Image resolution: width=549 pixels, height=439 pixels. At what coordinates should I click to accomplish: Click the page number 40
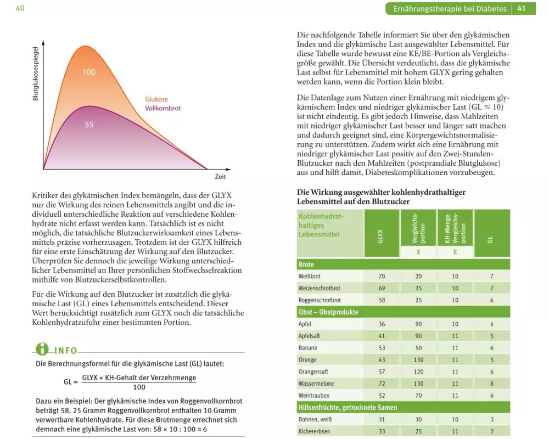[20, 8]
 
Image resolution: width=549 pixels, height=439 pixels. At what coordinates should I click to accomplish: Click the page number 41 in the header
[522, 8]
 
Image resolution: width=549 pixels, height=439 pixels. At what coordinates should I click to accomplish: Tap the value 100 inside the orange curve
[89, 72]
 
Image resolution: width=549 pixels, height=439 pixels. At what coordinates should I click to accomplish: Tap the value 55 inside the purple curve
[89, 125]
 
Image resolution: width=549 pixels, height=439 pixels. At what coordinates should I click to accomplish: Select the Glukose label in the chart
[156, 99]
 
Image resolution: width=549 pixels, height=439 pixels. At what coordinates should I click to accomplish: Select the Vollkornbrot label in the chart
[163, 108]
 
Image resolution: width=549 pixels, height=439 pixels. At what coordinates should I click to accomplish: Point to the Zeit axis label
[220, 177]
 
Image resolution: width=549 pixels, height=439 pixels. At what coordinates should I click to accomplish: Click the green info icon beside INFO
[42, 349]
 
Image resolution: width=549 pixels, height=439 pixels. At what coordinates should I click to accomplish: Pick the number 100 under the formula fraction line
[139, 387]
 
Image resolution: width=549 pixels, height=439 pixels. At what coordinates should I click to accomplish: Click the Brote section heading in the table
[306, 264]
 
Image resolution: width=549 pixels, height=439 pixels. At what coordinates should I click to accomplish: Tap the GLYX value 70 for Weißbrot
[382, 277]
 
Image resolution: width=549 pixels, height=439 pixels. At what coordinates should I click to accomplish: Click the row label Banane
[307, 348]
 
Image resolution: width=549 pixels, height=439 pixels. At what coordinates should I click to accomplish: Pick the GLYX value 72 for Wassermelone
[382, 384]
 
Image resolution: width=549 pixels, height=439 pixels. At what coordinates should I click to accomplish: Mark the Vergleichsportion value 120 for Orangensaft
[418, 372]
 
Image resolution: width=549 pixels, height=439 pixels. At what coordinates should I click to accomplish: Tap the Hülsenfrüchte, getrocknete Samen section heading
[347, 407]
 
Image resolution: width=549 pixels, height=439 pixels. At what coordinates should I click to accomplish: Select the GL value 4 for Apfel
[492, 324]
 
